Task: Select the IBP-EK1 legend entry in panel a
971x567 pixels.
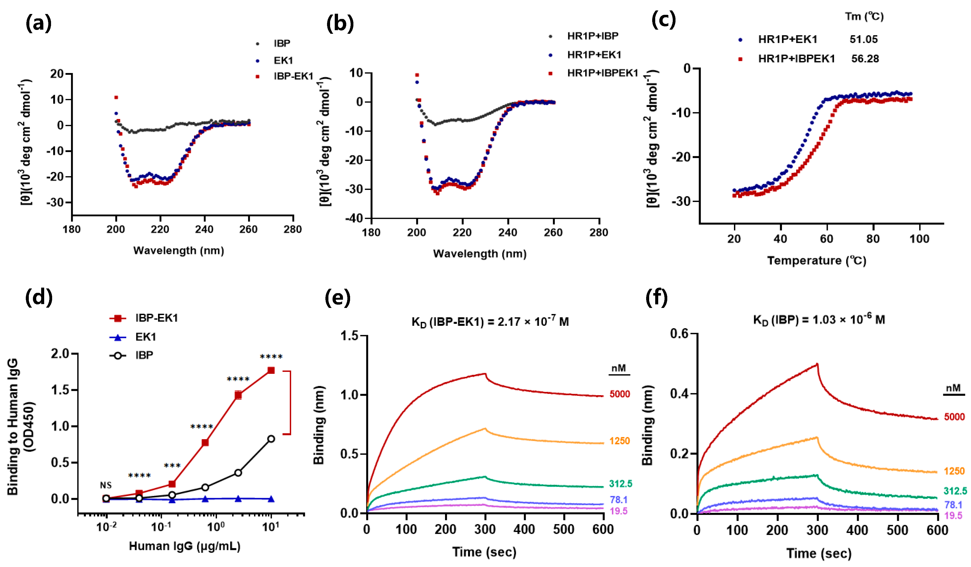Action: (x=293, y=76)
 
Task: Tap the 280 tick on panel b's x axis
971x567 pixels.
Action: (x=598, y=232)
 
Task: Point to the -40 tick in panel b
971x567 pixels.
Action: (x=354, y=218)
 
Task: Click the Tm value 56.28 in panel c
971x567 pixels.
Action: (x=865, y=59)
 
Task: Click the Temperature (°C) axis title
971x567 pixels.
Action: (x=817, y=260)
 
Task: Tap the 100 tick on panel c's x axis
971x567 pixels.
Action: (x=919, y=239)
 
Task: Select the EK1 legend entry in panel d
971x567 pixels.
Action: (x=145, y=337)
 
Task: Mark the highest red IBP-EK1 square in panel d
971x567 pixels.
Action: (x=271, y=370)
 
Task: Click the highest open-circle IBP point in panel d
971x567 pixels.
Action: (x=271, y=439)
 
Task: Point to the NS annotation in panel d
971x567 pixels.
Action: (x=106, y=485)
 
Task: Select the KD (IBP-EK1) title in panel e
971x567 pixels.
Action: (x=490, y=321)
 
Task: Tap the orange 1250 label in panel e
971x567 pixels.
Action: (x=619, y=441)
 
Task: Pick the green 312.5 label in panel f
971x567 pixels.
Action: (x=955, y=491)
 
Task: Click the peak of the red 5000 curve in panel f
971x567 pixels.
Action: (x=817, y=364)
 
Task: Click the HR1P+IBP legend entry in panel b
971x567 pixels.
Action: (x=592, y=36)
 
